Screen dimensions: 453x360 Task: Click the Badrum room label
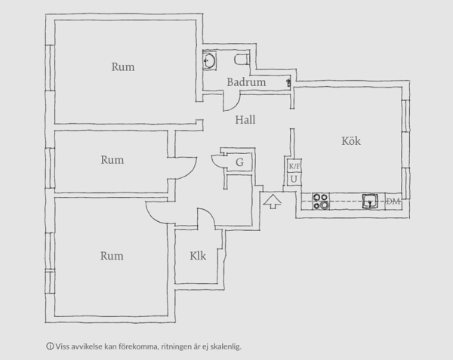click(246, 82)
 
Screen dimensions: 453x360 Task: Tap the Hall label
click(245, 120)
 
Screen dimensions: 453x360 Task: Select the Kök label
click(351, 141)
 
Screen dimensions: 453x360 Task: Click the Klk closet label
click(198, 256)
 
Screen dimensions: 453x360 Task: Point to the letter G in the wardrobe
click(239, 162)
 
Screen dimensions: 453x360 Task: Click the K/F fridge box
click(294, 166)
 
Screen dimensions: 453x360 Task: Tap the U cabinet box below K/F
click(294, 180)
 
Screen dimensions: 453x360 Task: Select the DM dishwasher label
click(393, 202)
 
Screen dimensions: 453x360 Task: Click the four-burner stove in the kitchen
click(321, 202)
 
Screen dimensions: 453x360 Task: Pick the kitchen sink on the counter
click(370, 201)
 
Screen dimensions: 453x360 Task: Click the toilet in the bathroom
click(242, 60)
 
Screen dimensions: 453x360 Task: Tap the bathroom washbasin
click(209, 60)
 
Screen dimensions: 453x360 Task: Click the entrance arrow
click(272, 202)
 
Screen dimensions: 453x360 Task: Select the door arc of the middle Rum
click(191, 172)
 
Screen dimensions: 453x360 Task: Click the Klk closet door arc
click(210, 213)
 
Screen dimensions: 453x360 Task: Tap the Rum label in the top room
click(123, 67)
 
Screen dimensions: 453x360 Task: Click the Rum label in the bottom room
click(112, 256)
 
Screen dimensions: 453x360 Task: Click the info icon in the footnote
click(50, 346)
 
